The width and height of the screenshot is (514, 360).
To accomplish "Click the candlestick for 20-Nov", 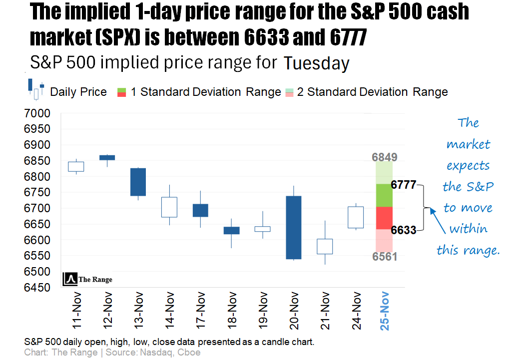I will click(293, 227).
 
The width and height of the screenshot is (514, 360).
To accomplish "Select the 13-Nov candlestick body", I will click(138, 182).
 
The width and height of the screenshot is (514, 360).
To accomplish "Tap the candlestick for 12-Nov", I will click(107, 157).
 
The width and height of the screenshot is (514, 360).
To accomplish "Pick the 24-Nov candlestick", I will click(355, 217).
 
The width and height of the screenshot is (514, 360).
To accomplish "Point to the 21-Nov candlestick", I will click(325, 246).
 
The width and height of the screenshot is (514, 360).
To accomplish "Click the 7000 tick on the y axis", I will click(37, 114).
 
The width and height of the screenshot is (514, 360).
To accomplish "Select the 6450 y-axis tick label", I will click(37, 288).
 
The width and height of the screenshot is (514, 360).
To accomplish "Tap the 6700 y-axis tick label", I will click(37, 208).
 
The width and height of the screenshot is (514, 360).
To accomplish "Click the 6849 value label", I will click(385, 158).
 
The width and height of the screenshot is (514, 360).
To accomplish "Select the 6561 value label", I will click(385, 257).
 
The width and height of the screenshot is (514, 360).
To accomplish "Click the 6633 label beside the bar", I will click(404, 230).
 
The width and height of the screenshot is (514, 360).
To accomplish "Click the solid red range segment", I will click(384, 218).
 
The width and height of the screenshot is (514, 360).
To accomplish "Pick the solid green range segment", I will click(384, 195).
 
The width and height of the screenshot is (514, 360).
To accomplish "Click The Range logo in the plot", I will click(88, 279).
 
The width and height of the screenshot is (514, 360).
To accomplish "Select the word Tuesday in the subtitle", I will click(316, 63).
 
